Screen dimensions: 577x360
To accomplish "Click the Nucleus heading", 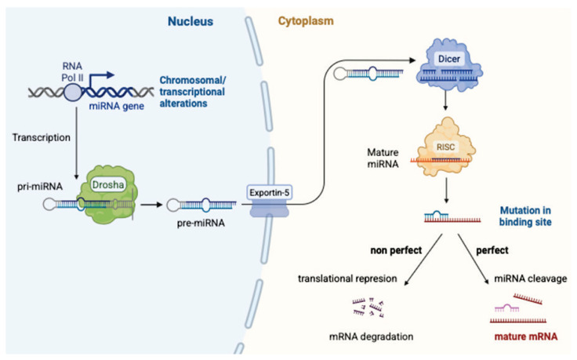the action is tap(191, 21).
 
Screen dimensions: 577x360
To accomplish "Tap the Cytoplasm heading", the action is tap(306, 21).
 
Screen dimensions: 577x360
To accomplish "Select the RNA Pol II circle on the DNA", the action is tap(72, 92).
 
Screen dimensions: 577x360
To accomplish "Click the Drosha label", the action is tap(108, 184).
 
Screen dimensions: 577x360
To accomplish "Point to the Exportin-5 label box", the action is tap(270, 192).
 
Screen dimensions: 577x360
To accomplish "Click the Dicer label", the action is tap(449, 59).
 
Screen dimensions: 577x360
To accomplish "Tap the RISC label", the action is tap(445, 147).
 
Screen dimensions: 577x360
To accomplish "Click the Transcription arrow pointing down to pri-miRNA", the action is tap(76, 144).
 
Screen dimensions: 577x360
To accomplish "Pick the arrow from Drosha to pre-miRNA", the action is tap(151, 205).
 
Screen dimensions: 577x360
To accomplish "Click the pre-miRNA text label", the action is tap(201, 223).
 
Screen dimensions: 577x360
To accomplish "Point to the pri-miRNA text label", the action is tap(40, 187).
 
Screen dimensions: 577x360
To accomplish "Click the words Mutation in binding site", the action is tap(525, 216).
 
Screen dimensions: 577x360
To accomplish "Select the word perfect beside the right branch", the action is tap(492, 250).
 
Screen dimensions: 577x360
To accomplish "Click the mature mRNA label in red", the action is tap(525, 336).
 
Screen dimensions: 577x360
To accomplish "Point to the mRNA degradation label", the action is tap(371, 336).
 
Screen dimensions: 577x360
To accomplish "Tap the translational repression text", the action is tap(347, 278).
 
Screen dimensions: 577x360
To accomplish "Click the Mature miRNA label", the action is tap(383, 158).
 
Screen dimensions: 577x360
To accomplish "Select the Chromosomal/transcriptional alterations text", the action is tap(192, 92).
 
